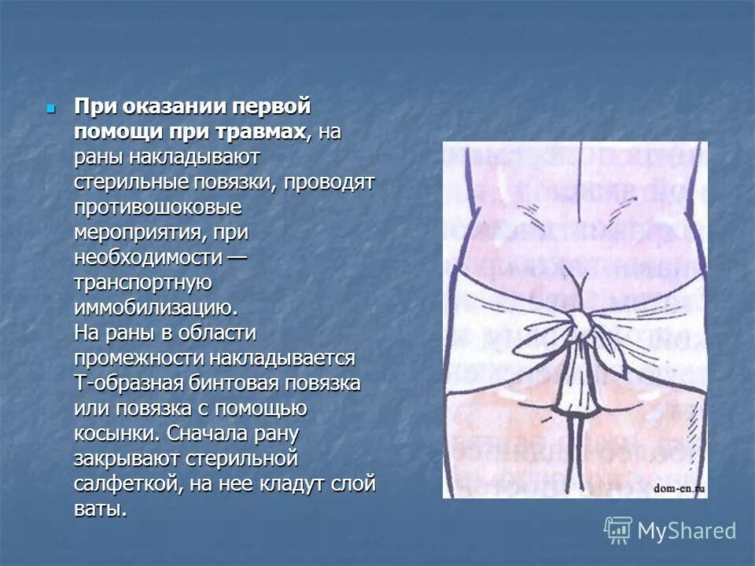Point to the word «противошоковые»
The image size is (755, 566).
[x=157, y=208]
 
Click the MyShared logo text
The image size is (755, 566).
[x=687, y=531]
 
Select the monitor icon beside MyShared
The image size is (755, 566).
[x=618, y=531]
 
